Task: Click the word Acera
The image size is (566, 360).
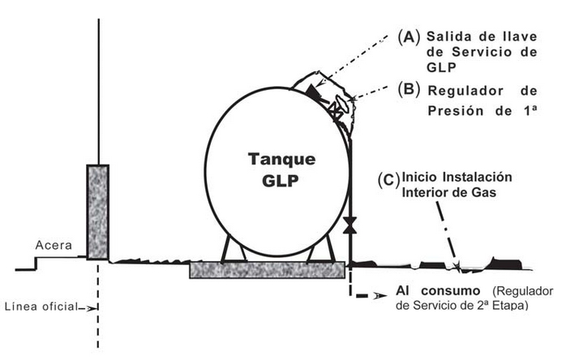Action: [55, 245]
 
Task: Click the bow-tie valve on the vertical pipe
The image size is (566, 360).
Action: [350, 225]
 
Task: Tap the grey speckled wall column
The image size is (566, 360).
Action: [98, 212]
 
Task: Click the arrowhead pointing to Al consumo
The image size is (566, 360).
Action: [381, 298]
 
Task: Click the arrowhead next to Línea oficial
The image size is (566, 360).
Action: [90, 306]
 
